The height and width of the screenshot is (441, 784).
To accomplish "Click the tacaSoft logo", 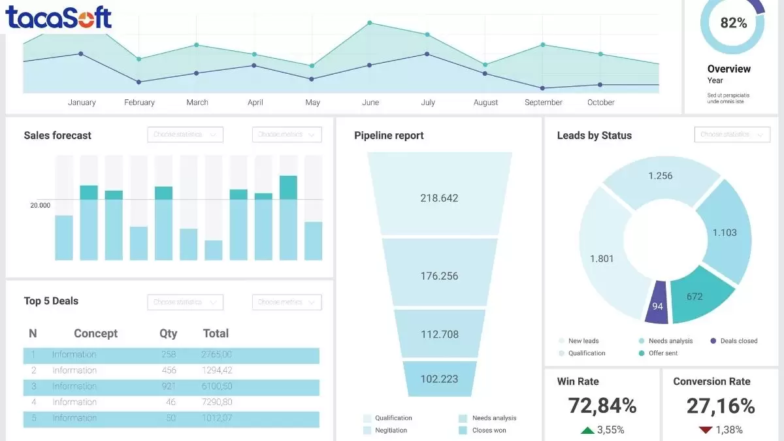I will tap(59, 18).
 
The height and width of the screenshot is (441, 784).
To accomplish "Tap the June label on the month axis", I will tap(370, 103).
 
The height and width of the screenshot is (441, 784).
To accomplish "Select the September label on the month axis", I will tap(543, 103).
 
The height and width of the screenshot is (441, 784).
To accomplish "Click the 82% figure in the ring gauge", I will tap(733, 23).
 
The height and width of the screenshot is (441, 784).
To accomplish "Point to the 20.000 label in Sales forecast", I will tap(40, 205).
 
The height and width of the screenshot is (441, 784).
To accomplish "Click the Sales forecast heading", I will tap(57, 135).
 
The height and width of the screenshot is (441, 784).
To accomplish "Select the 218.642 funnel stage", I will tap(439, 198).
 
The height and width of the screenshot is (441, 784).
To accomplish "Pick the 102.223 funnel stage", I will tap(439, 379).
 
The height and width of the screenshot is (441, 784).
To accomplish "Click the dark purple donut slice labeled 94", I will tap(657, 304).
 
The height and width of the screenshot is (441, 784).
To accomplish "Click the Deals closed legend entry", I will tap(734, 341).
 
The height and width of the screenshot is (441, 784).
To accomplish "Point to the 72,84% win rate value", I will tap(602, 406).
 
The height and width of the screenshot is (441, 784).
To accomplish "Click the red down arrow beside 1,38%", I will tap(705, 430).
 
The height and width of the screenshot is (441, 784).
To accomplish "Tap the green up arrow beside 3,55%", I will tap(587, 430).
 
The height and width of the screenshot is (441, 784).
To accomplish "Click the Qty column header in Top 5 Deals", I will tap(168, 333).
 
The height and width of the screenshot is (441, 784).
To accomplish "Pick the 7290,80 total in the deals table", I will tap(217, 402).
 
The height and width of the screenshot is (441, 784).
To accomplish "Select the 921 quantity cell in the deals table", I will tap(168, 386).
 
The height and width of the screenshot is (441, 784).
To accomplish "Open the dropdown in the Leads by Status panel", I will tap(732, 135).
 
